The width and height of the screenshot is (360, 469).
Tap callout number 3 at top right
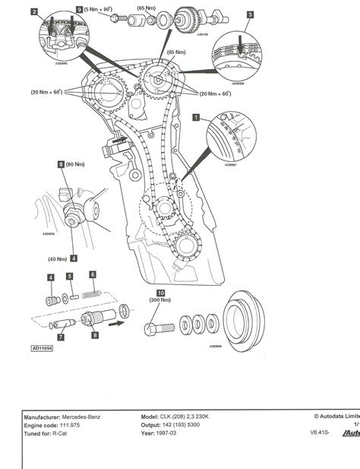coord(251,14)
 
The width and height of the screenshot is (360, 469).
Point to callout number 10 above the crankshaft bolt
coord(160,292)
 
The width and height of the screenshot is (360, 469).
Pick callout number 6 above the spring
coord(92,274)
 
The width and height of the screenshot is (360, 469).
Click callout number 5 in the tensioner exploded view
coord(69,277)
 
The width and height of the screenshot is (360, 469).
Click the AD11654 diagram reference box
coord(46,349)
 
